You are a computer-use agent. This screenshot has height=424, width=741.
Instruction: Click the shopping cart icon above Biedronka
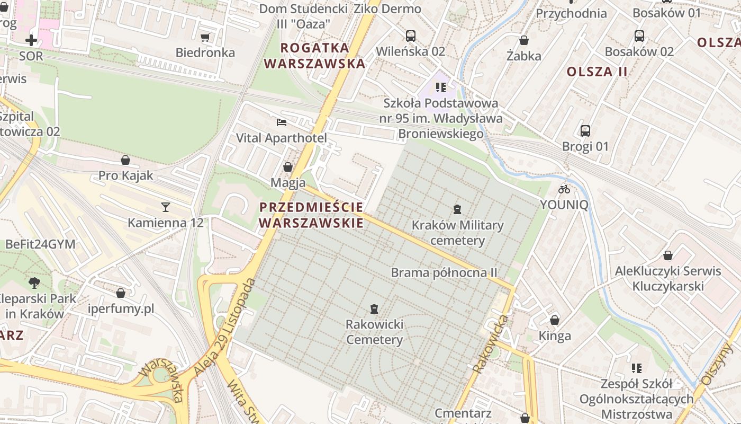click(205, 37)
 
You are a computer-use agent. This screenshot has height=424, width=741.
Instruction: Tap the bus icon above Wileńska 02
click(411, 36)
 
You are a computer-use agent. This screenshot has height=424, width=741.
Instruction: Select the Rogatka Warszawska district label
click(315, 56)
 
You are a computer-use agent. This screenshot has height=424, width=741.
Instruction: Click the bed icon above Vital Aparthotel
click(282, 122)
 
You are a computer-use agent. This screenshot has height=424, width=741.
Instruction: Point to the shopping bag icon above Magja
click(288, 167)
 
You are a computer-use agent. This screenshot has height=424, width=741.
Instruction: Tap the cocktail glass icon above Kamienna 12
click(166, 207)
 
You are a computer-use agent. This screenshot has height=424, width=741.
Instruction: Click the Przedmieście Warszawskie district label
click(312, 215)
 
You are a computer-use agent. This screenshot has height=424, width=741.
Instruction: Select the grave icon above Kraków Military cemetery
click(458, 209)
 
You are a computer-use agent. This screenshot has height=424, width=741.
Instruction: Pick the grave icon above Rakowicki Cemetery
click(374, 308)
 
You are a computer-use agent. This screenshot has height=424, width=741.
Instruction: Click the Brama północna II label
click(444, 272)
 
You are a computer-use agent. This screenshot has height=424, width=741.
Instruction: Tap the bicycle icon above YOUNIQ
click(564, 189)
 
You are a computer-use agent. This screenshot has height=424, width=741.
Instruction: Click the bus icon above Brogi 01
click(585, 130)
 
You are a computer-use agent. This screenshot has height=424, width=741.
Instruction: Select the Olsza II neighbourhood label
click(597, 72)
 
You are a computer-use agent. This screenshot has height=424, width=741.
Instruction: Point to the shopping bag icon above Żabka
click(524, 40)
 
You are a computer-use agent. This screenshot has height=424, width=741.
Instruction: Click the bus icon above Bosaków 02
click(639, 36)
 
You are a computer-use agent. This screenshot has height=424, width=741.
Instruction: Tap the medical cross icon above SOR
click(31, 40)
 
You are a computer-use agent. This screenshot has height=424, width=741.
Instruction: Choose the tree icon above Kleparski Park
click(34, 282)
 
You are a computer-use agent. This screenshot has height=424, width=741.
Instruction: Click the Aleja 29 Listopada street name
click(225, 328)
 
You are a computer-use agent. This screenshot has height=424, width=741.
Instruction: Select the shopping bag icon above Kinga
click(555, 320)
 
